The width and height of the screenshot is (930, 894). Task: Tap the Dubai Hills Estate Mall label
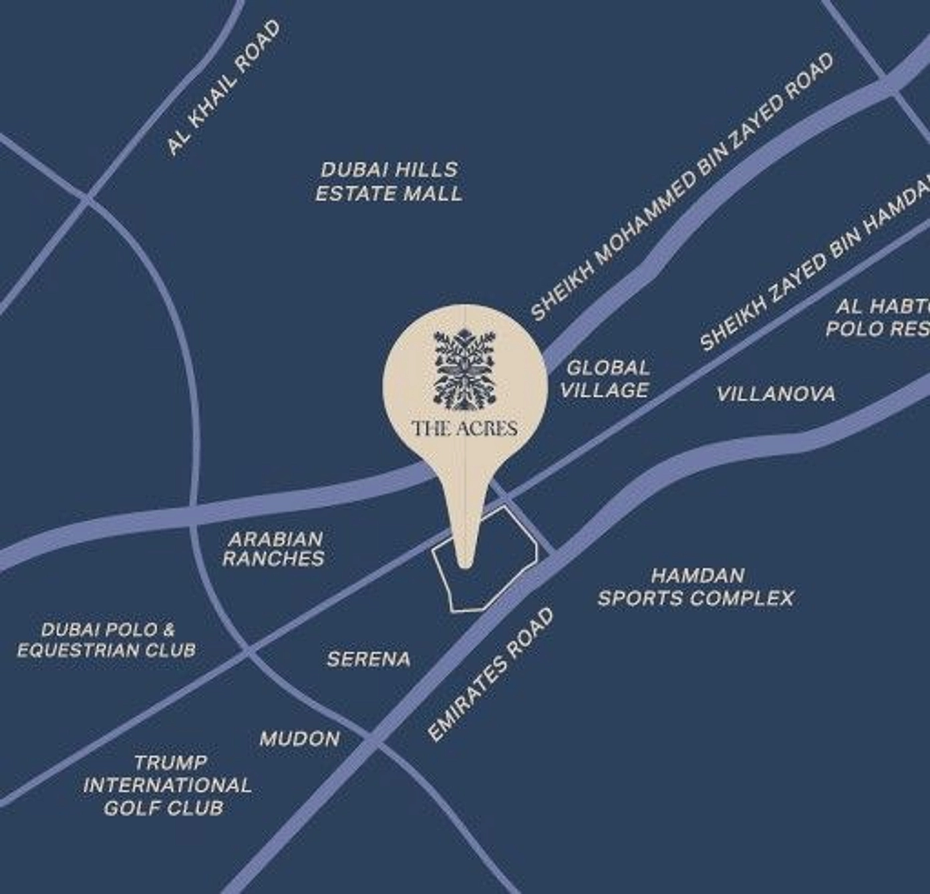[388, 182]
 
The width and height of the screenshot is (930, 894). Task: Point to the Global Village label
[605, 379]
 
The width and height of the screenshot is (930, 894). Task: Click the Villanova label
[776, 394]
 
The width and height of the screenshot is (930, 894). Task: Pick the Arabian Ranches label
[274, 549]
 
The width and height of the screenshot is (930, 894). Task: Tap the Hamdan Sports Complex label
[695, 587]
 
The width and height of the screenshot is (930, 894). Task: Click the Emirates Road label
[491, 675]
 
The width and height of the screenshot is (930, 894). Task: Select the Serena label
[369, 659]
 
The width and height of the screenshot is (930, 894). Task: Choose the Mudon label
[300, 739]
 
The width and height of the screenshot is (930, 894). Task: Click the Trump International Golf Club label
[167, 785]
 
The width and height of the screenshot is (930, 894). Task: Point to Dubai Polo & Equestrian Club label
[107, 639]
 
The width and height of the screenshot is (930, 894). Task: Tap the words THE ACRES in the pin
[465, 428]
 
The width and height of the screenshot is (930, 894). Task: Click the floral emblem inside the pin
[466, 369]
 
